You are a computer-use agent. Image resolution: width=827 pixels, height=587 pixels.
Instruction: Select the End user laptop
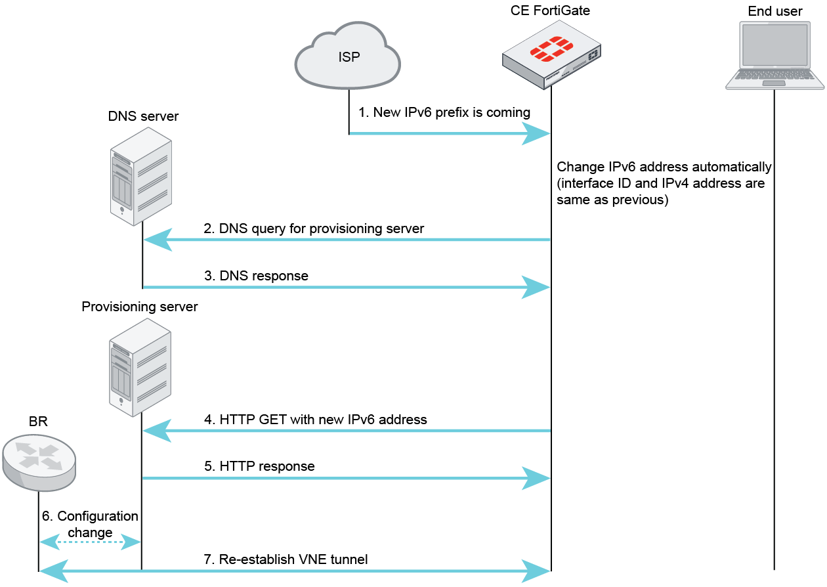(774, 56)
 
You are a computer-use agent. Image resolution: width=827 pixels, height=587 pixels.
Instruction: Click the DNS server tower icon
(140, 175)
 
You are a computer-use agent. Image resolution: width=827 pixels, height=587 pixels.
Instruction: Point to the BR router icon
(39, 462)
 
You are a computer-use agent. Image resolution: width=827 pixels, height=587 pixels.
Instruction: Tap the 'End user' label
(774, 11)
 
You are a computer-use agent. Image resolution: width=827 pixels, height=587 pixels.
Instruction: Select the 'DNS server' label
(143, 116)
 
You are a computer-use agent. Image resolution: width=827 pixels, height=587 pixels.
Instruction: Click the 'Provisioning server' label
(139, 307)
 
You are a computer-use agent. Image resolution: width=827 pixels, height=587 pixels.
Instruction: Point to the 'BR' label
(38, 422)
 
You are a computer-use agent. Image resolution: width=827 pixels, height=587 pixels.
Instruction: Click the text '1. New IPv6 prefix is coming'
(444, 112)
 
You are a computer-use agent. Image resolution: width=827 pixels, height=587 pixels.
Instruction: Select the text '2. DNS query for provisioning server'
(314, 228)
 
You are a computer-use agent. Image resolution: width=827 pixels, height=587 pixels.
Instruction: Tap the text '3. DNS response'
(256, 276)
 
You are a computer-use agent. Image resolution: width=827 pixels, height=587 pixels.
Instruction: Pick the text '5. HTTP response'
(259, 466)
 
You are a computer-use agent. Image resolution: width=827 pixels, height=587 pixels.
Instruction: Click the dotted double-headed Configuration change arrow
(90, 542)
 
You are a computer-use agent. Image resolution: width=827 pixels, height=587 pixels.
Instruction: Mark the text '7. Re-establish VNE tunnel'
(286, 559)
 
